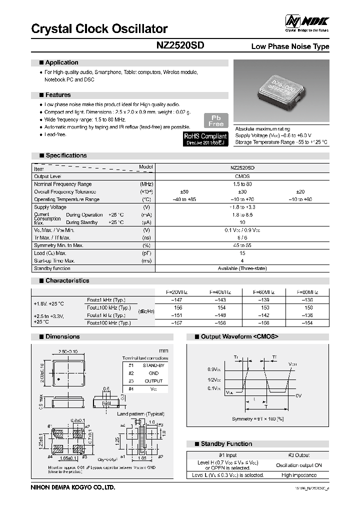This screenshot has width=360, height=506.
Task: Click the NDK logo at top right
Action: click(x=307, y=21)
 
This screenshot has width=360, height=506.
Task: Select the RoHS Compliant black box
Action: click(x=205, y=138)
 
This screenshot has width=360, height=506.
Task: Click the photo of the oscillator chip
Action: click(x=282, y=91)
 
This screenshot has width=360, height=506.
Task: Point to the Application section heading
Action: click(x=61, y=62)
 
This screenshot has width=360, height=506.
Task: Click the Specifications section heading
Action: click(x=66, y=155)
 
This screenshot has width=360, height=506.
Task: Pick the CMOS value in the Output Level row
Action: click(x=242, y=176)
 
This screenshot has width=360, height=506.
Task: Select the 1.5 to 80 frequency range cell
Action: click(x=242, y=184)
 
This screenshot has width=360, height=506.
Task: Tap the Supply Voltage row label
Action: click(x=50, y=207)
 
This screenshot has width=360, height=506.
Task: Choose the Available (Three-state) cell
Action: click(x=242, y=268)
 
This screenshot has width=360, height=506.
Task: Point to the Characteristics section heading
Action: click(x=67, y=281)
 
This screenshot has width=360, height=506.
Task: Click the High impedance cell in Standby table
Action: click(x=299, y=475)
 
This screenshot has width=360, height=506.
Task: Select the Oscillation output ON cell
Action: click(x=299, y=465)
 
